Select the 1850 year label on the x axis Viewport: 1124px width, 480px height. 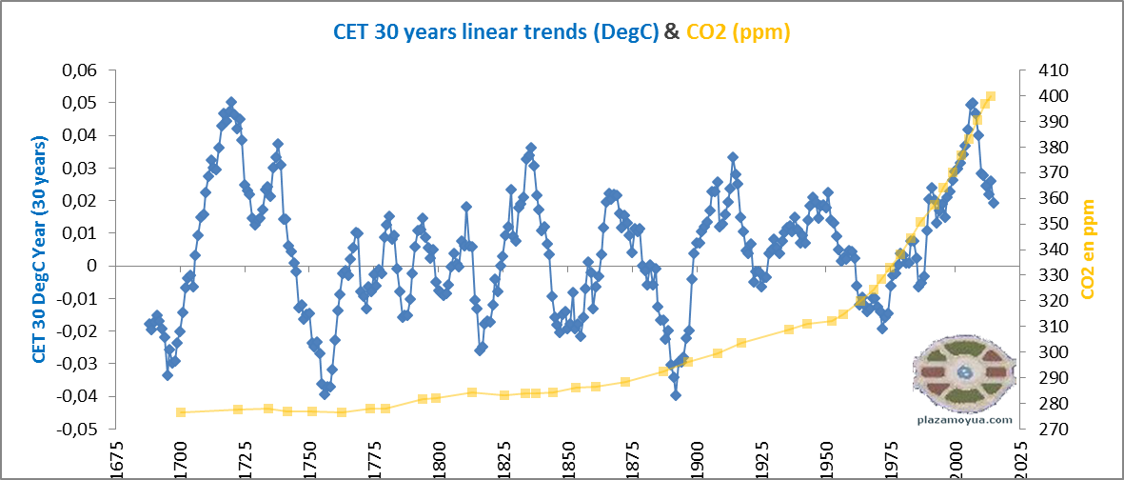[x=567, y=458]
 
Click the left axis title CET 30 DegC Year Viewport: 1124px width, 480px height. [x=41, y=250]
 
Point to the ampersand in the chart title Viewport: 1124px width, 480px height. [x=671, y=31]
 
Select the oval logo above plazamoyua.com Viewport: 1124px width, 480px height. [x=966, y=372]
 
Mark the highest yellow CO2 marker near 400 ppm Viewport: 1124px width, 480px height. [x=991, y=96]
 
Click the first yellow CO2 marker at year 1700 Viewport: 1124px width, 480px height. [x=181, y=412]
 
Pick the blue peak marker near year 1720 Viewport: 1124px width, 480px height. [x=231, y=102]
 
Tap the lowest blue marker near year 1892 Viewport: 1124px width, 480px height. [x=676, y=394]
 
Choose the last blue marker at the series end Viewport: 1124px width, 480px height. [x=994, y=203]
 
